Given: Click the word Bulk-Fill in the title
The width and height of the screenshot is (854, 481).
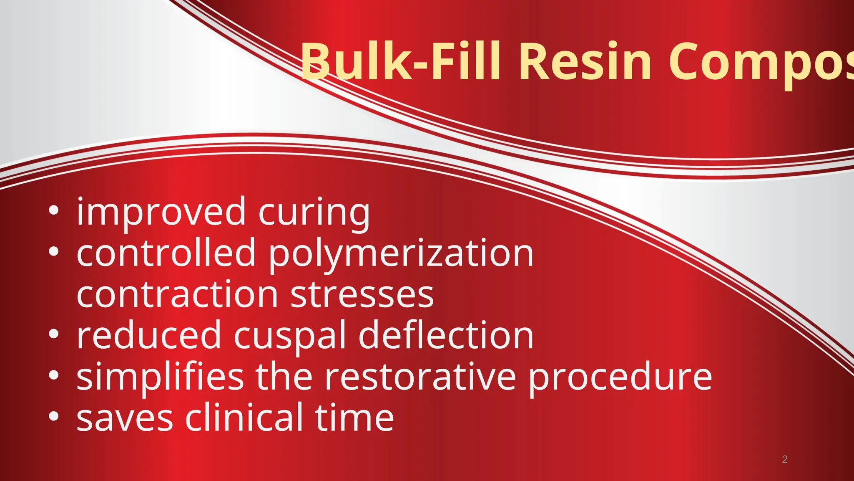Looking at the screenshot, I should (x=400, y=62).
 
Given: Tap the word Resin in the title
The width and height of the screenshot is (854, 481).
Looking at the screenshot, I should (x=585, y=62).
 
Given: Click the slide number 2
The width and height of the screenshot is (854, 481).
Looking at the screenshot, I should (x=784, y=459).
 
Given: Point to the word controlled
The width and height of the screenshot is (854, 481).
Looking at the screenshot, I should (x=166, y=253).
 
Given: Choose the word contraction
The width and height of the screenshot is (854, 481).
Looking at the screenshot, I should (x=177, y=294).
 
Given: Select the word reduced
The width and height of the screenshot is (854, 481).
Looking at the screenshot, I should (x=149, y=335).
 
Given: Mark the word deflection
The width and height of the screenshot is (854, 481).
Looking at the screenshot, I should (x=446, y=335).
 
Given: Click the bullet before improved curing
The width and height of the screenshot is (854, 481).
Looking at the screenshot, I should (x=53, y=211).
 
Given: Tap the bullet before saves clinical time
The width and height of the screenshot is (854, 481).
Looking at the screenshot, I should (x=53, y=416).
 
